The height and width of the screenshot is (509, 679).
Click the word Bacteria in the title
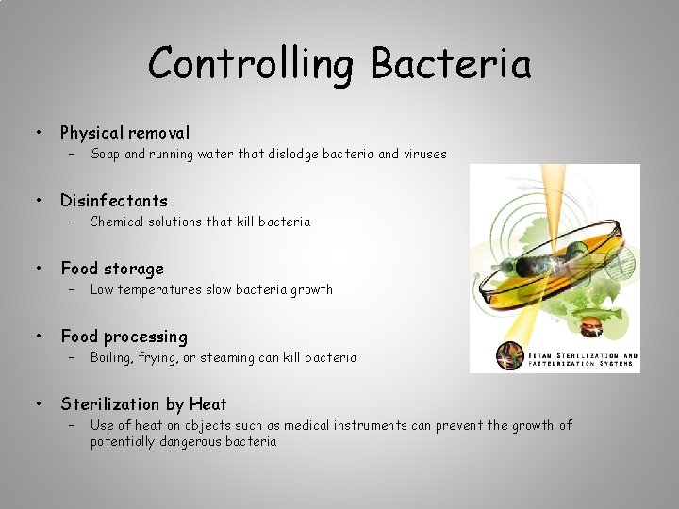tap(451, 64)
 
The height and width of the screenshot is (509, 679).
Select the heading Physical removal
tap(124, 133)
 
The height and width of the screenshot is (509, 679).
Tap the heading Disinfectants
tap(113, 200)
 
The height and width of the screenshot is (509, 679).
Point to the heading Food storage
tap(111, 269)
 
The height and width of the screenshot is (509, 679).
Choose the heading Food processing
tap(124, 337)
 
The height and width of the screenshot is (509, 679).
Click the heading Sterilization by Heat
tap(143, 404)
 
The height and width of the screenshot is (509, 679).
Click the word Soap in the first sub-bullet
tap(105, 154)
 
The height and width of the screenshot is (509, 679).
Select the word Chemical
tap(117, 222)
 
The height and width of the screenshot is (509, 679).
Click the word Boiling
tap(111, 357)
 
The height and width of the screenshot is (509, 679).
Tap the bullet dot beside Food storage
tap(38, 269)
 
